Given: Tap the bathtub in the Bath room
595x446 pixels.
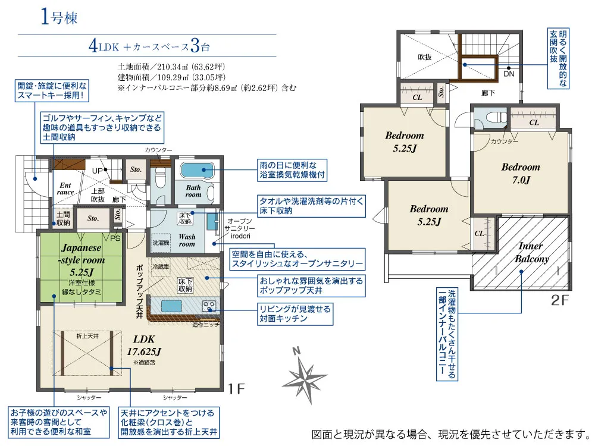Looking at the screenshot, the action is click(x=197, y=170).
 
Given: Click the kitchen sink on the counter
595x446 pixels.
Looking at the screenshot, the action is click(x=171, y=306).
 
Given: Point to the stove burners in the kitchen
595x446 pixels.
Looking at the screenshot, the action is click(x=209, y=306).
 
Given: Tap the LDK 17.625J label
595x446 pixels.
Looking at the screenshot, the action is click(x=144, y=346).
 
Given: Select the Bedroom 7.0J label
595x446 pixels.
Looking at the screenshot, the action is click(x=521, y=173).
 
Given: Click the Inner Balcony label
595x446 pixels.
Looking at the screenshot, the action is click(x=531, y=253).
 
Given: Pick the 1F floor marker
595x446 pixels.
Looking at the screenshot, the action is click(x=236, y=388).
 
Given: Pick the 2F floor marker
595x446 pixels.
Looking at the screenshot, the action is click(x=560, y=300).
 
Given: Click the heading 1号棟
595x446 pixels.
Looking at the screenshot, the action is click(x=59, y=17).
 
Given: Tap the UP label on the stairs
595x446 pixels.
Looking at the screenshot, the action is click(x=98, y=171).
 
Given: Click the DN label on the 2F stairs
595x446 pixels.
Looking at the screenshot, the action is click(x=509, y=74).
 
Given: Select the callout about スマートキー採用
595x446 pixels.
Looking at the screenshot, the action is click(x=52, y=91).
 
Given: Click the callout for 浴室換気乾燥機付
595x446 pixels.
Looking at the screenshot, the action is click(x=292, y=170).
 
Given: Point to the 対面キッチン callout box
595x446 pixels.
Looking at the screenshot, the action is click(x=295, y=313).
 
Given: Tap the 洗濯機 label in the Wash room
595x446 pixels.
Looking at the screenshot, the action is click(x=161, y=243).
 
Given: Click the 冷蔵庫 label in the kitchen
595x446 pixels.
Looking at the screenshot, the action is click(x=161, y=267).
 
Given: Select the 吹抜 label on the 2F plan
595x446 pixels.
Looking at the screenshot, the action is click(x=425, y=57).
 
